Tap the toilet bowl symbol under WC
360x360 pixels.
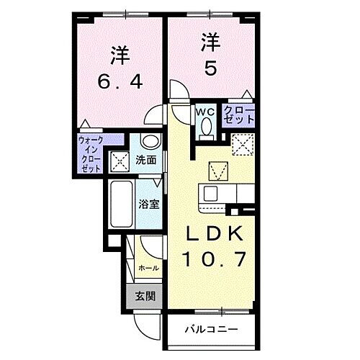tap(204, 127)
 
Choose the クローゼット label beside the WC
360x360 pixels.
tap(238, 115)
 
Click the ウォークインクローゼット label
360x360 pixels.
tap(90, 153)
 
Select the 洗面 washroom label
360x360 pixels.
tap(148, 160)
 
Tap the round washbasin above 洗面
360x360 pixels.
tap(148, 141)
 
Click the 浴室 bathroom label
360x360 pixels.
tap(148, 204)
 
